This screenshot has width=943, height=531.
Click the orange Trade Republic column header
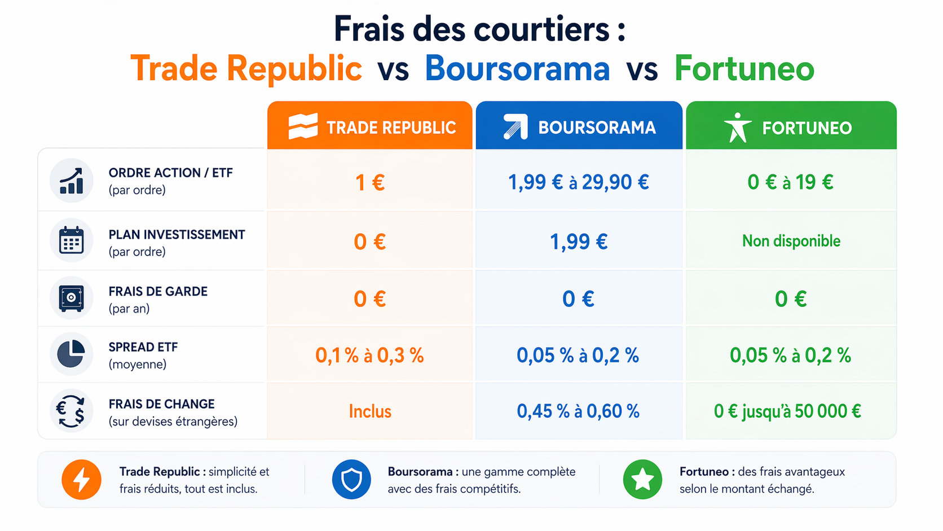click(x=370, y=126)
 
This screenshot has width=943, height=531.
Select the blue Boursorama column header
click(x=579, y=126)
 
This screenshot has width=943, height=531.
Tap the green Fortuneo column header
click(x=791, y=126)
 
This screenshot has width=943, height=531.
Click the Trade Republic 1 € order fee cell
click(x=370, y=182)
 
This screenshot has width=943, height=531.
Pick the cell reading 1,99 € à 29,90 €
click(x=579, y=182)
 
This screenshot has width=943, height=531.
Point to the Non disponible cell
click(x=791, y=241)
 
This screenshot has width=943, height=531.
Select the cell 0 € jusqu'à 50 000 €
click(x=787, y=411)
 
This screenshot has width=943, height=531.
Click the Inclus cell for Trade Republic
click(x=370, y=411)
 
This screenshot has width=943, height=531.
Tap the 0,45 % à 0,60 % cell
click(x=578, y=411)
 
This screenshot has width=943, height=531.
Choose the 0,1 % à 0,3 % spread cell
click(x=369, y=355)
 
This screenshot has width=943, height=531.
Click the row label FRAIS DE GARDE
click(x=158, y=292)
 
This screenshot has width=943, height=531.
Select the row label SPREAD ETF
click(x=143, y=348)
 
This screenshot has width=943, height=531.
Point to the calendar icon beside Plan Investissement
click(x=72, y=241)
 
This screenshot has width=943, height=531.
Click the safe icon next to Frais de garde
click(x=72, y=298)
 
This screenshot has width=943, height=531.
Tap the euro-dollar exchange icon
click(x=71, y=411)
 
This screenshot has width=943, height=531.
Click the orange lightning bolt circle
click(x=82, y=480)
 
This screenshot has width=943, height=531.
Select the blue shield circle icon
click(x=351, y=480)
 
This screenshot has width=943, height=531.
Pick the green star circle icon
click(x=642, y=480)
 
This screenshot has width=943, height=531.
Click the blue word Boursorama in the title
click(x=517, y=69)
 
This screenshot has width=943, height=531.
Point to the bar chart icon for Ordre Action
click(x=72, y=181)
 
